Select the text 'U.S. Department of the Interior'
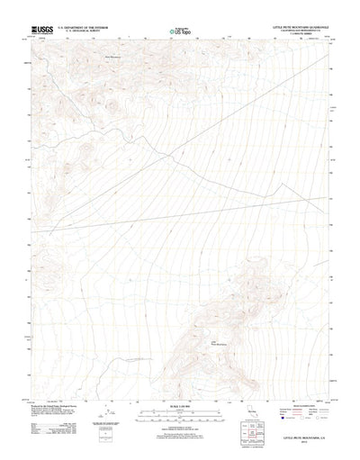83,28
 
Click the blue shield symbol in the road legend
286,392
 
